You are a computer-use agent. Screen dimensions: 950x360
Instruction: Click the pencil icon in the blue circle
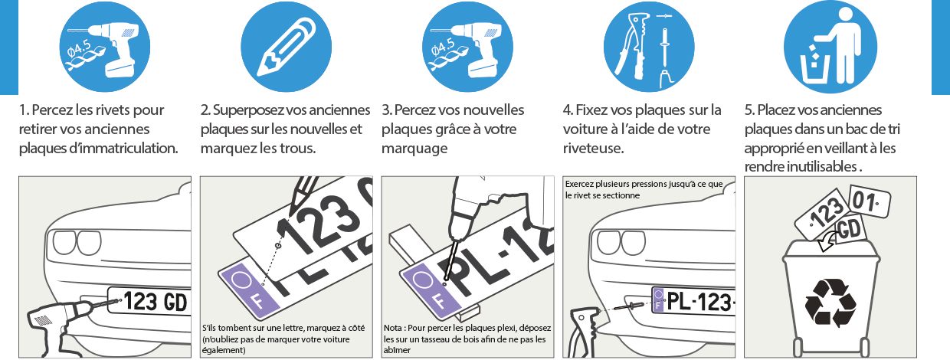[287, 47]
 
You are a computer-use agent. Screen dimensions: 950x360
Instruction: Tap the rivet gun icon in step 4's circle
[635, 46]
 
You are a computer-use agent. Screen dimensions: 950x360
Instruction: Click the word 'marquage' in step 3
[414, 149]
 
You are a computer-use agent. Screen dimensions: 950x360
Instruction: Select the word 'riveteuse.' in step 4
[593, 149]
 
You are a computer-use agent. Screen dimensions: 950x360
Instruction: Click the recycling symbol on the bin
[830, 303]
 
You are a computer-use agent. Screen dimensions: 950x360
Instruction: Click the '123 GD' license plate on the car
[148, 302]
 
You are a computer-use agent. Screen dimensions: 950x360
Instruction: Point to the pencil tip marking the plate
[290, 213]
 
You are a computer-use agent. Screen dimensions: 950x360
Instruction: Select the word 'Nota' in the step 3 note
[392, 328]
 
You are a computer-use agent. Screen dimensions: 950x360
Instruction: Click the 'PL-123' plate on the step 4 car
[693, 302]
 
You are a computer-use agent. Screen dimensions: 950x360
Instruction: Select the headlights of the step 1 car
[77, 243]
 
